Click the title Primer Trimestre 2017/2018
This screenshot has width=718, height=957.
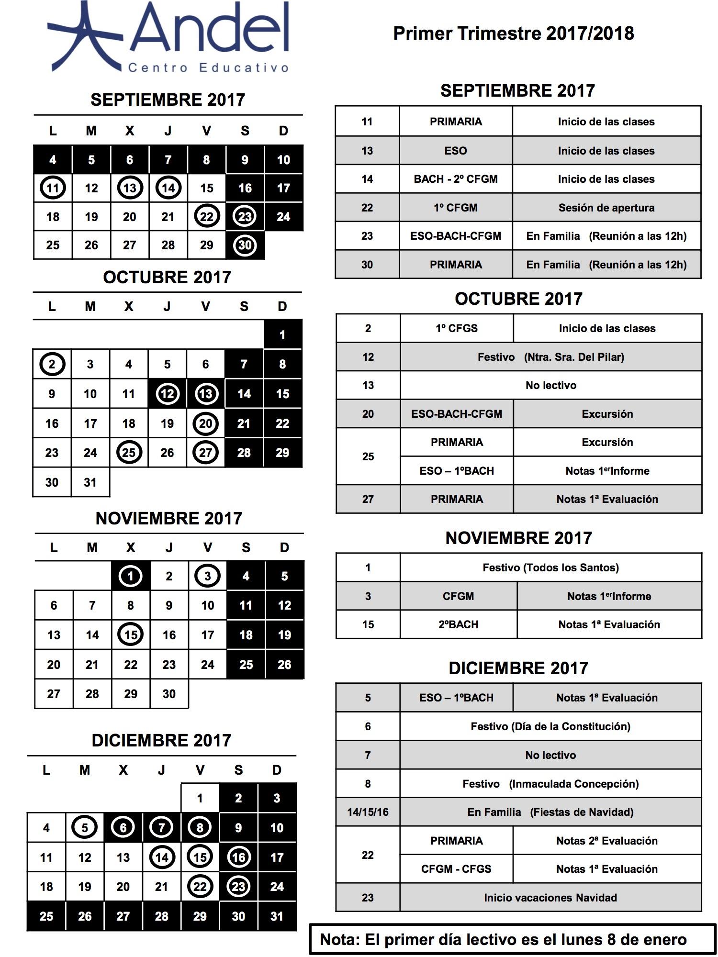tap(513, 33)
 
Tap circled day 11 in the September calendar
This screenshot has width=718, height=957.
tap(53, 188)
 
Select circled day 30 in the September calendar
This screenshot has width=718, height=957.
tap(245, 245)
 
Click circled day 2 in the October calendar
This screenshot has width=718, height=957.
tap(52, 365)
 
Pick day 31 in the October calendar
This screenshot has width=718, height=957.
tap(90, 482)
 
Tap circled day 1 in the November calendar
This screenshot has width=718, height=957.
tap(130, 576)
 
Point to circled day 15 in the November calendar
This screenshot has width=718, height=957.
tap(130, 635)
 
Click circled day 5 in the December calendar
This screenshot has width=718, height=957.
tap(85, 828)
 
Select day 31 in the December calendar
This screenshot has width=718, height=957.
tap(277, 916)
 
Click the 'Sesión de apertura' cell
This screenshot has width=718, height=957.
tap(606, 208)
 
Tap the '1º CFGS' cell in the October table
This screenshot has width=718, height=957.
tap(456, 328)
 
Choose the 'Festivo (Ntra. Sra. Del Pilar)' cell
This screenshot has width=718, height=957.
tap(550, 357)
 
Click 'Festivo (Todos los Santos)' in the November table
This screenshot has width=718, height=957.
tap(550, 568)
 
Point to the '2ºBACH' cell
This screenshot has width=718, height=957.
tap(458, 624)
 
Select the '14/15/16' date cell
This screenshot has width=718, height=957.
tap(368, 812)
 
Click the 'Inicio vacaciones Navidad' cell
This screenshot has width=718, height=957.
tap(550, 898)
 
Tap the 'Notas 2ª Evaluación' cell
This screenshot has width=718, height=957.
tap(606, 841)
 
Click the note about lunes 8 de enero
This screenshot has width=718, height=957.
tap(503, 939)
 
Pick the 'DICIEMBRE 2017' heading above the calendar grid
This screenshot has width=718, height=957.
tap(161, 740)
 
